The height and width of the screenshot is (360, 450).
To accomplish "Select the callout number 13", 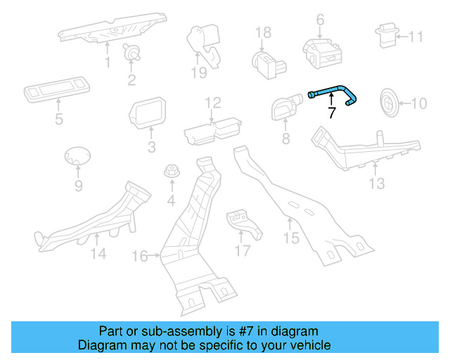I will pyautogui.click(x=378, y=184).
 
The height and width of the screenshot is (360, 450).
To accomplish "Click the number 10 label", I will pyautogui.click(x=418, y=104).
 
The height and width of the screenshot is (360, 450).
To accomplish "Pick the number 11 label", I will pyautogui.click(x=416, y=37).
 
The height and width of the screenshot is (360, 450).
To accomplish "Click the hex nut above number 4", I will pyautogui.click(x=171, y=171).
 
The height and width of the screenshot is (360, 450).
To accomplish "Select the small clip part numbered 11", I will pyautogui.click(x=387, y=34).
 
